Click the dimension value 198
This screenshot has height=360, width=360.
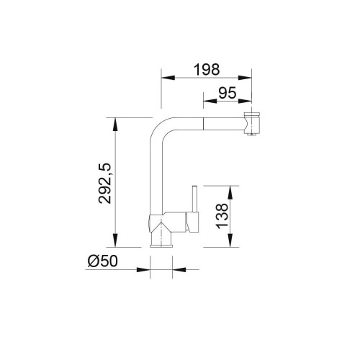click(207, 69)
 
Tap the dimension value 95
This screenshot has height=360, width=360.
click(228, 93)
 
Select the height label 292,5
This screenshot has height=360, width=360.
click(105, 183)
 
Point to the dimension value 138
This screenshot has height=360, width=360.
click(222, 216)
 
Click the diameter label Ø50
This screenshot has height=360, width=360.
click(103, 261)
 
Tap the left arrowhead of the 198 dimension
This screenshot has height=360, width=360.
click(168, 78)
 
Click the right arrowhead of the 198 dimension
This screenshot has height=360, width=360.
click(245, 78)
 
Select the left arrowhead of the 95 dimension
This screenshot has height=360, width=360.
click(210, 101)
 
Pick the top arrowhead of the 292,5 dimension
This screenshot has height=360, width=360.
click(115, 125)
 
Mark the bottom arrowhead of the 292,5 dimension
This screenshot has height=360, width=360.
click(115, 240)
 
